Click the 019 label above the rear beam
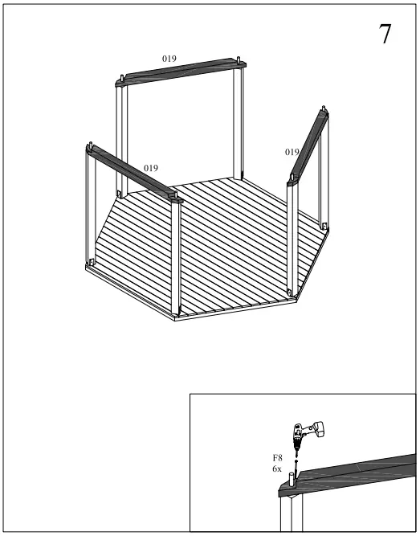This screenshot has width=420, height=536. [x=169, y=59]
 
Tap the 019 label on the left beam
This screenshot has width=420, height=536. [x=150, y=167]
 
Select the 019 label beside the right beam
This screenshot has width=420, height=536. [x=292, y=152]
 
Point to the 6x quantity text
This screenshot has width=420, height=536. [x=277, y=468]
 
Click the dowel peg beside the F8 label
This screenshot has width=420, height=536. [x=291, y=483]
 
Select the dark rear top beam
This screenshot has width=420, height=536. [x=181, y=70]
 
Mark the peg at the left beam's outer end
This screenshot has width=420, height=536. [x=91, y=145]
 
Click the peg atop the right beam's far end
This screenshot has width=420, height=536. [x=324, y=110]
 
